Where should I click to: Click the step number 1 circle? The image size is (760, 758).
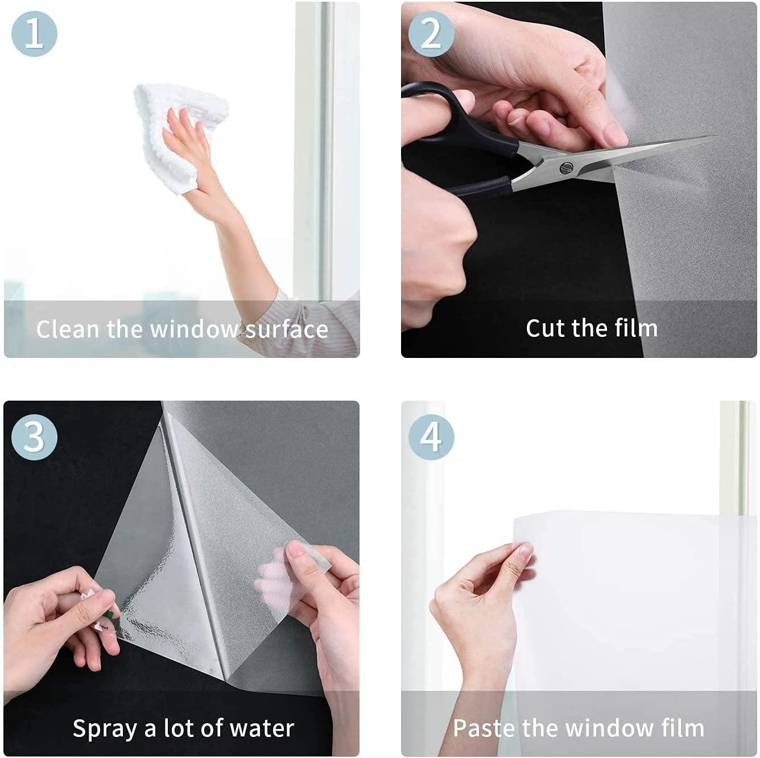coord(34,33)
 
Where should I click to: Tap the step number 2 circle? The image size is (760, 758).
coord(431,33)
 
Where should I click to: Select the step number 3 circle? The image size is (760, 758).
coord(34,437)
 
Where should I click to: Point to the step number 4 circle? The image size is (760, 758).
coord(431,437)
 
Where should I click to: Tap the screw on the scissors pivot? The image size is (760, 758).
coord(565,168)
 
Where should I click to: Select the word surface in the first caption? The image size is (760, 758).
coord(287,329)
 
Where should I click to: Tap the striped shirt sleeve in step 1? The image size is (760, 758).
coord(319,322)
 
